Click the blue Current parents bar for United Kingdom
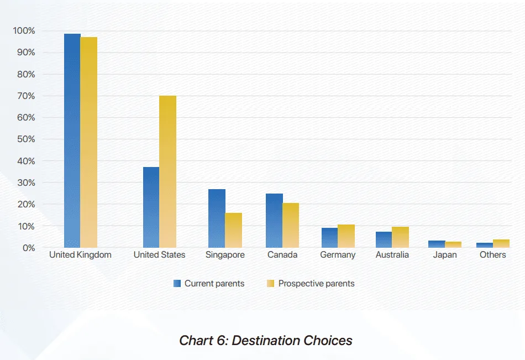tap(72, 141)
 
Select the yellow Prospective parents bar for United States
tap(167, 171)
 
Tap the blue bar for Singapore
tap(217, 218)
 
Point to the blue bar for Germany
tap(329, 238)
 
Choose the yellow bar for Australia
tap(401, 237)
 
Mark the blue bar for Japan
tap(437, 244)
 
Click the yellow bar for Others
tap(501, 243)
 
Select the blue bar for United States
tap(151, 207)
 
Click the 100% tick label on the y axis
tap(24, 31)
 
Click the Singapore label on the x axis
tap(225, 255)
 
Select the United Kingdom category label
tap(80, 255)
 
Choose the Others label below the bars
tap(493, 255)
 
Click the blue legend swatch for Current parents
tap(177, 284)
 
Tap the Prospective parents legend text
tap(316, 284)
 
